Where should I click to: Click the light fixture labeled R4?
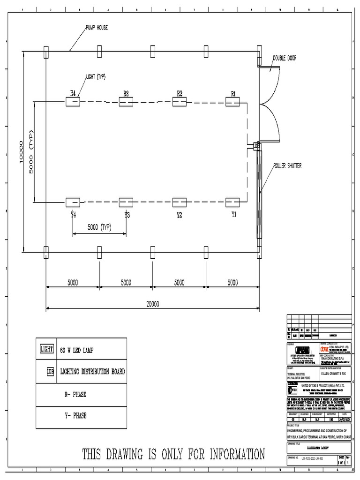73,102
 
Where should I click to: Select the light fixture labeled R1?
232,102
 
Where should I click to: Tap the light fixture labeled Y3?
126,202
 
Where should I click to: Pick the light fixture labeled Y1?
232,202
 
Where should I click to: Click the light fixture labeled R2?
180,102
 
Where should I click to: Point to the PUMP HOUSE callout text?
96,28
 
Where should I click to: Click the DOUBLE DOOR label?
285,58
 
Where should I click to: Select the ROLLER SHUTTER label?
287,165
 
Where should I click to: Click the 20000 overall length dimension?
152,304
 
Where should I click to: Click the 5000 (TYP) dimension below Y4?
99,227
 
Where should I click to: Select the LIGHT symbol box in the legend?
47,349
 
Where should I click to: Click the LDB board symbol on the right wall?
256,146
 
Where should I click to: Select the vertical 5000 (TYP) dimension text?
32,151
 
